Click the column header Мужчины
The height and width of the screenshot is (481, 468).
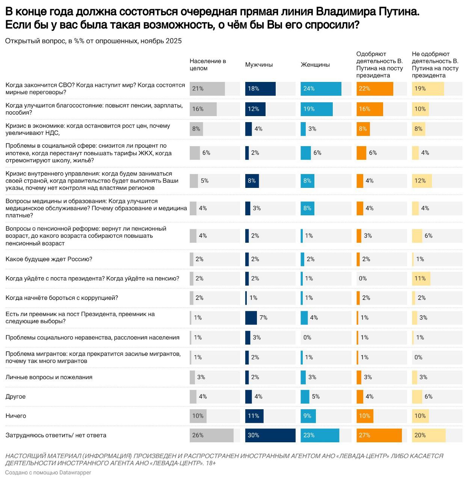pyautogui.click(x=259, y=65)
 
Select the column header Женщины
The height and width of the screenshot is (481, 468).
pyautogui.click(x=315, y=65)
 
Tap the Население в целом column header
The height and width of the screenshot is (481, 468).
pyautogui.click(x=208, y=65)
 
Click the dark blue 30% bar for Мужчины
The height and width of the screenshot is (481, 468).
pyautogui.click(x=270, y=435)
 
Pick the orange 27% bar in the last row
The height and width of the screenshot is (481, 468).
pyautogui.click(x=379, y=435)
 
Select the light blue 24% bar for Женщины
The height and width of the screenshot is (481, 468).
pyautogui.click(x=321, y=89)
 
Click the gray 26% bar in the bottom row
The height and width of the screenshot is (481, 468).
pyautogui.click(x=211, y=435)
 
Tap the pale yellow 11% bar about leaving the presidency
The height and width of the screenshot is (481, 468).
pyautogui.click(x=421, y=278)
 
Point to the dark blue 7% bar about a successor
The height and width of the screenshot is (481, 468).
pyautogui.click(x=251, y=318)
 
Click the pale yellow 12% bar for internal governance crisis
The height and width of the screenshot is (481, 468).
pyautogui.click(x=421, y=181)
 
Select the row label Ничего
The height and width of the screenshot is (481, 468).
pyautogui.click(x=16, y=416)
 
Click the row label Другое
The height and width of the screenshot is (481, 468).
pyautogui.click(x=15, y=396)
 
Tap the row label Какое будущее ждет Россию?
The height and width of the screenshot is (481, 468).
pyautogui.click(x=49, y=259)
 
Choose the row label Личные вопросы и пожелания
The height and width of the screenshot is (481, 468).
pyautogui.click(x=49, y=377)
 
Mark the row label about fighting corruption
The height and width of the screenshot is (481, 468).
pyautogui.click(x=62, y=298)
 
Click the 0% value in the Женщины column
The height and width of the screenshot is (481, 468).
pyautogui.click(x=307, y=337)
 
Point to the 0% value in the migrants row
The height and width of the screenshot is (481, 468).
pyautogui.click(x=418, y=357)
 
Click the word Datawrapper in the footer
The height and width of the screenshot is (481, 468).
pyautogui.click(x=75, y=473)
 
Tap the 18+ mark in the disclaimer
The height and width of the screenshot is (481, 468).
pyautogui.click(x=211, y=463)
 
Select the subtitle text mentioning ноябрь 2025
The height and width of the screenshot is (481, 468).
pyautogui.click(x=93, y=41)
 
